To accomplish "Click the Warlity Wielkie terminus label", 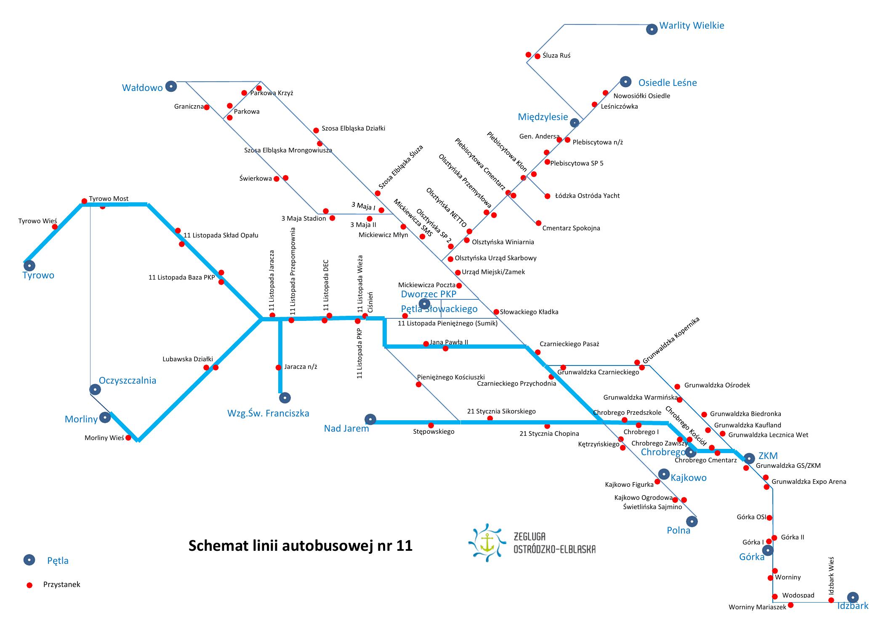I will [x=692, y=25].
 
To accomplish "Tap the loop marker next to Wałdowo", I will [x=171, y=86].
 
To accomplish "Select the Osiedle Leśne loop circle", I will [x=625, y=82].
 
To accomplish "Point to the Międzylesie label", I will [x=543, y=117].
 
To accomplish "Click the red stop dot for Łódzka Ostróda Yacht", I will [x=547, y=196].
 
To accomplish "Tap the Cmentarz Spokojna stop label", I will [x=571, y=228].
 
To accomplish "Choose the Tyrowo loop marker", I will [x=29, y=266].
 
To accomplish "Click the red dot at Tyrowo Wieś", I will [x=55, y=227].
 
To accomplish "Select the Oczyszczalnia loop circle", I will [x=96, y=390].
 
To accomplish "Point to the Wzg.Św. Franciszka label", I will [x=268, y=414].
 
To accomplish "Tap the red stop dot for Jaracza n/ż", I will [x=278, y=368].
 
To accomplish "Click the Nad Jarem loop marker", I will [x=370, y=419].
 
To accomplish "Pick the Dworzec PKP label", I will [x=428, y=294].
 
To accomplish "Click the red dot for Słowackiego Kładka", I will [x=496, y=312].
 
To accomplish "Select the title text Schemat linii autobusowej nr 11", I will [x=300, y=546].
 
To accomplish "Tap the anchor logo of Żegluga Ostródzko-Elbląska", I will [x=488, y=543].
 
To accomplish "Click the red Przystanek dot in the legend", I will [x=29, y=585].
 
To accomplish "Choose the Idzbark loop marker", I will [x=853, y=598].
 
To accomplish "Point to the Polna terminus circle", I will [x=692, y=522].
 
